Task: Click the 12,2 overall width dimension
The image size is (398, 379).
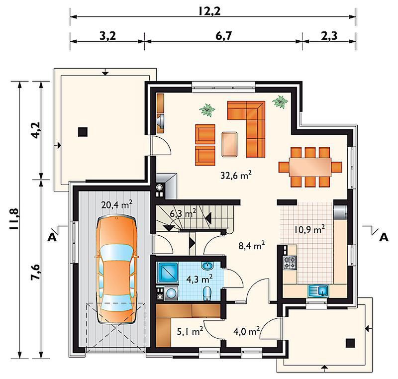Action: (209, 11)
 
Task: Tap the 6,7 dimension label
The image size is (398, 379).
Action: (223, 36)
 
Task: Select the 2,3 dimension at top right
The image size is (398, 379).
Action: (329, 36)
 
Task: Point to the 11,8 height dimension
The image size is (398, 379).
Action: (14, 219)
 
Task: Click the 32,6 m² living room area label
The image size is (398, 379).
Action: (236, 175)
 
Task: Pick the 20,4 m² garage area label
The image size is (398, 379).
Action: (117, 204)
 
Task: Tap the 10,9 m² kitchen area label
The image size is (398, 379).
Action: (309, 230)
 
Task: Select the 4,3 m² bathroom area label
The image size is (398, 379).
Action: (199, 280)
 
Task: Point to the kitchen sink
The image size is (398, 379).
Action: (318, 291)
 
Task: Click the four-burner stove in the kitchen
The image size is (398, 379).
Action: (290, 263)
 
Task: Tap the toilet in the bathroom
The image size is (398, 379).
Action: (207, 294)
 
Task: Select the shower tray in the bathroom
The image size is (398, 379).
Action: (168, 273)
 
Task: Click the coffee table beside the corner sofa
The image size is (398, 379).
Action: (229, 144)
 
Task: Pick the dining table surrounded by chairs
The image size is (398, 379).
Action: (310, 167)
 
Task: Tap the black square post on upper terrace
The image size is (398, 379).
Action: (83, 132)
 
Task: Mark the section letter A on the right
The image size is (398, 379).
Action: (384, 237)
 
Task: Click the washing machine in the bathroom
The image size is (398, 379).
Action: (172, 293)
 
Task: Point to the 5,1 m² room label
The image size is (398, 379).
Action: (190, 331)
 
